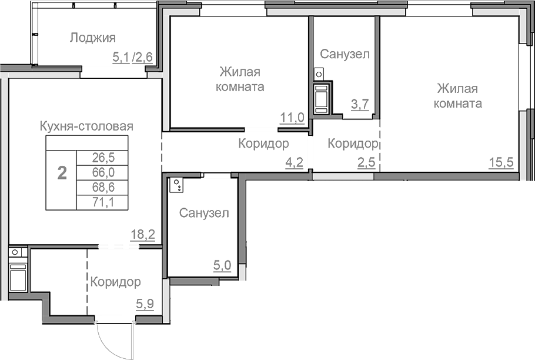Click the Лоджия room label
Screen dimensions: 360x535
pos(93,38)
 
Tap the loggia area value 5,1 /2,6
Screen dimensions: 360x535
pos(133,57)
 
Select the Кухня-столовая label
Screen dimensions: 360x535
pos(86,126)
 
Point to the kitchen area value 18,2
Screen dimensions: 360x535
pos(142,235)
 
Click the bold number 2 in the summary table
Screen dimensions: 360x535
pos(61,173)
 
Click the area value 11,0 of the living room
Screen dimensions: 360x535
pos(292,117)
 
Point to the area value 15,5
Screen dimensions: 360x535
pos(501,162)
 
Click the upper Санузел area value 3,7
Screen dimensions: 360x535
pos(360,105)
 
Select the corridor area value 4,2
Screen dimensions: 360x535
pos(294,162)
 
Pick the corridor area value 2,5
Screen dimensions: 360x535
pos(367,162)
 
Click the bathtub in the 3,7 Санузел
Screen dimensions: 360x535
pos(322,99)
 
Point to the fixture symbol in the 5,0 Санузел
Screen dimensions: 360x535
pos(176,186)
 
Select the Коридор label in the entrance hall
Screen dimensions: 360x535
pos(115,282)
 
